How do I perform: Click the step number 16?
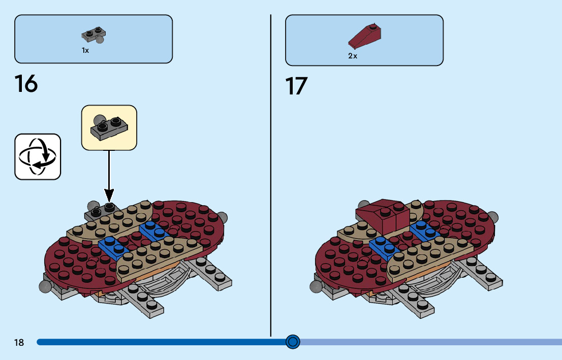(x=26, y=84)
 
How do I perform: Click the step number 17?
(x=296, y=86)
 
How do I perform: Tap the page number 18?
(x=19, y=343)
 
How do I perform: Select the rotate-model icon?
(x=38, y=156)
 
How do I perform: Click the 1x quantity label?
(x=85, y=51)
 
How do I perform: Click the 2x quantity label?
(x=353, y=56)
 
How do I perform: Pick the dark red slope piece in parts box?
(x=365, y=37)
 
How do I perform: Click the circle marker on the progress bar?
(x=293, y=342)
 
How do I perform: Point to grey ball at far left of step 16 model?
(x=44, y=286)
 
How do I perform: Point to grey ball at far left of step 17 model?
(x=315, y=286)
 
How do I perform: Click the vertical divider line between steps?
(x=271, y=173)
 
